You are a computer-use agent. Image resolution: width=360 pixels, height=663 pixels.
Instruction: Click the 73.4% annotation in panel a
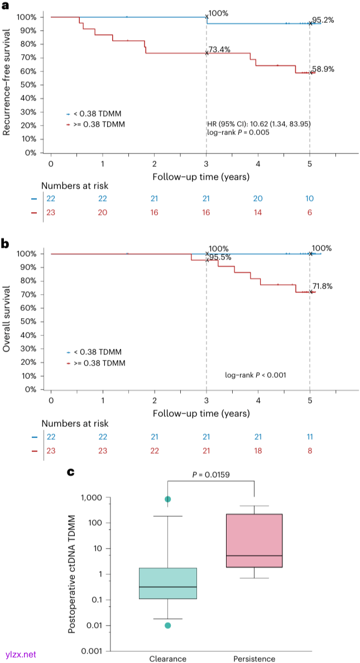[218, 49]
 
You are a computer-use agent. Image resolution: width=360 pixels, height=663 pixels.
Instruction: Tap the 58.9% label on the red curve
[323, 69]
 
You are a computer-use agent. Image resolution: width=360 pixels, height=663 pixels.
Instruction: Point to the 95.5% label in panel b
[218, 257]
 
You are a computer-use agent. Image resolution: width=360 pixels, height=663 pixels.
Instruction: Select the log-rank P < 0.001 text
[256, 375]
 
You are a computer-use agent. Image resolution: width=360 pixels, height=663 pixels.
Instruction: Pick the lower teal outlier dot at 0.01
[167, 625]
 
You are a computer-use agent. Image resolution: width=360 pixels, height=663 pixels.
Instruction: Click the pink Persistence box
[254, 540]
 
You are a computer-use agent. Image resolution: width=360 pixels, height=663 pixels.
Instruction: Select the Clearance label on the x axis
[167, 659]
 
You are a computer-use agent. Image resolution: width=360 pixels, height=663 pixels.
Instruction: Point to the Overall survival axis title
[7, 319]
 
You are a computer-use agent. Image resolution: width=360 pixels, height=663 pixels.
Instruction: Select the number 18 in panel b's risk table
[257, 450]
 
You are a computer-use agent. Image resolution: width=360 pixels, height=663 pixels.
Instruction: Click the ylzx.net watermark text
[20, 654]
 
